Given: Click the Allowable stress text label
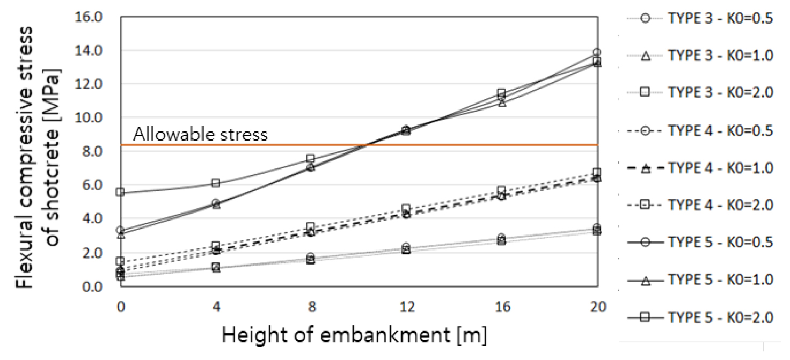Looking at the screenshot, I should click(200, 134).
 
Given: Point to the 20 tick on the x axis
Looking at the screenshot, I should click(597, 307).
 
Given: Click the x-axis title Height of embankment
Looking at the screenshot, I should click(355, 336).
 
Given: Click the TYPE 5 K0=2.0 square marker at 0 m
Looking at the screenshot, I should click(120, 192).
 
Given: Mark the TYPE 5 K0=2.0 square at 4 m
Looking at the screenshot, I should click(216, 183).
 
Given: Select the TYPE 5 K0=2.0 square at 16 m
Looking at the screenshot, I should click(502, 93).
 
